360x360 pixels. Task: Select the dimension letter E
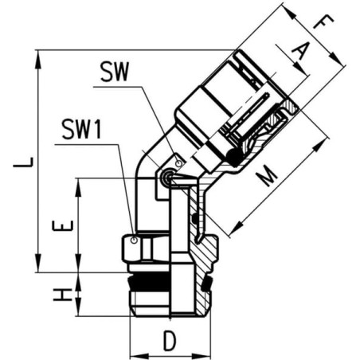tap(63, 225)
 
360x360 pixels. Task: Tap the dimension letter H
tap(63, 295)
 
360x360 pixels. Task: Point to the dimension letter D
tap(170, 341)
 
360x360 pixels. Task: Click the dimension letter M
tap(266, 176)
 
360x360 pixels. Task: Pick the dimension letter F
tap(323, 22)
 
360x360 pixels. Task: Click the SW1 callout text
tap(81, 129)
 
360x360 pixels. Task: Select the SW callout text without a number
tap(115, 72)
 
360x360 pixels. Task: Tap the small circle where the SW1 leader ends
tap(135, 241)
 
